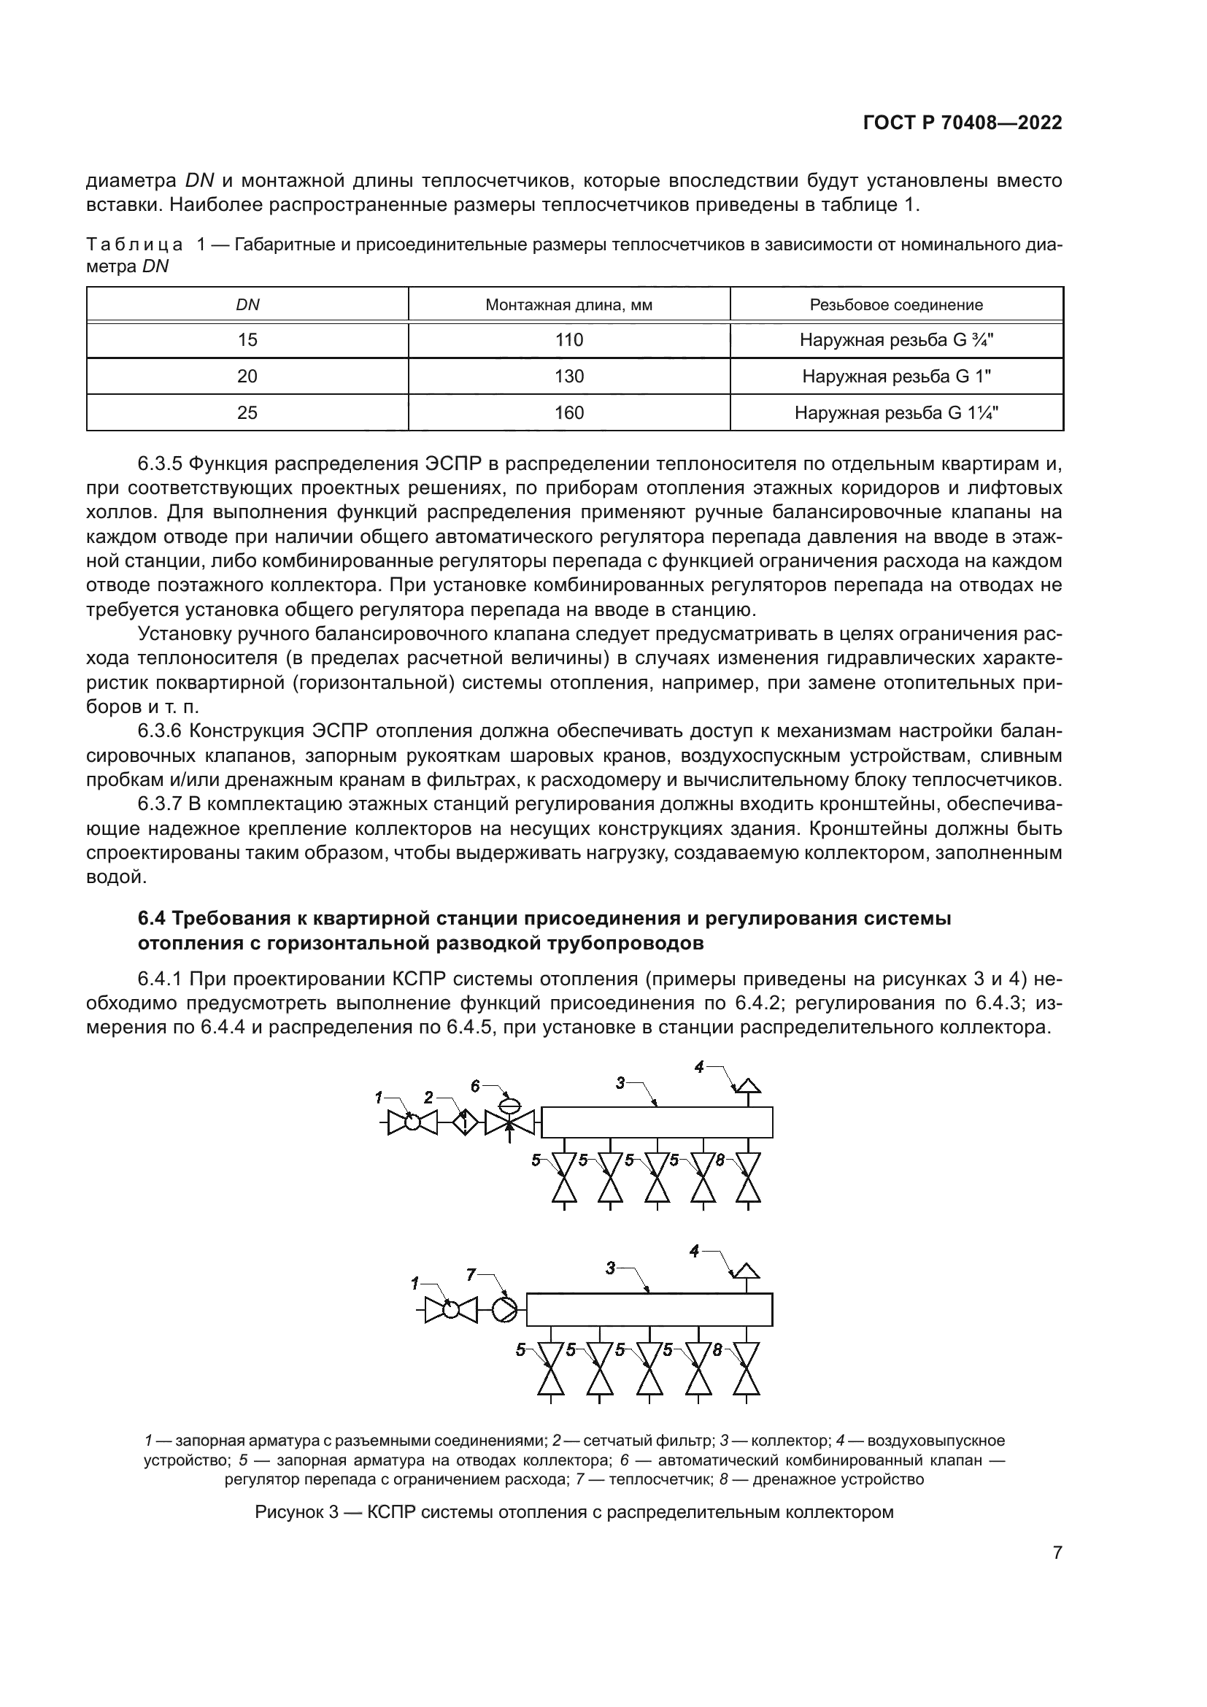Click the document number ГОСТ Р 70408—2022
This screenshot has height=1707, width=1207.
[x=963, y=123]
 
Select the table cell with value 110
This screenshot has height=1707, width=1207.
[x=568, y=341]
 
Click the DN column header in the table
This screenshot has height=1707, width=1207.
[x=247, y=305]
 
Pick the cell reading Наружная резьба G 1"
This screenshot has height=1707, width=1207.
[x=896, y=377]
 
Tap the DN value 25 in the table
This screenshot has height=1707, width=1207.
[x=247, y=412]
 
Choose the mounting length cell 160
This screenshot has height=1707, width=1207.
[x=568, y=412]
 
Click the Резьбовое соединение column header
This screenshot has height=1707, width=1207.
[x=896, y=305]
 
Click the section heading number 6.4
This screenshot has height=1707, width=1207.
[x=153, y=919]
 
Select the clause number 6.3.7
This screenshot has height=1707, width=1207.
[x=160, y=804]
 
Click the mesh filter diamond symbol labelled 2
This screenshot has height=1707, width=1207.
[x=466, y=1122]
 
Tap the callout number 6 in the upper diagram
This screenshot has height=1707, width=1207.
[x=475, y=1086]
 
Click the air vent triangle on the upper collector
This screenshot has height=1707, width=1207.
[x=748, y=1086]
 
